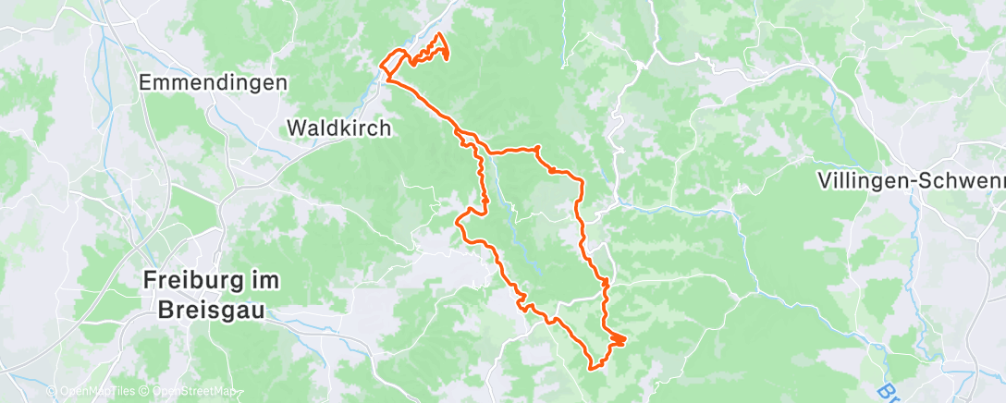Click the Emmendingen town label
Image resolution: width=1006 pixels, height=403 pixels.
pyautogui.click(x=213, y=83)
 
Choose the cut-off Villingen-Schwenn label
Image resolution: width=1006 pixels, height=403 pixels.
pyautogui.click(x=911, y=181)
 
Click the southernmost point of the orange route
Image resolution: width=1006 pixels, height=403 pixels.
pyautogui.click(x=593, y=366)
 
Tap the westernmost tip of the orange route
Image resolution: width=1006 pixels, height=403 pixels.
pyautogui.click(x=380, y=65)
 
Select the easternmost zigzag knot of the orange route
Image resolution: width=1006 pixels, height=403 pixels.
pyautogui.click(x=617, y=340)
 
